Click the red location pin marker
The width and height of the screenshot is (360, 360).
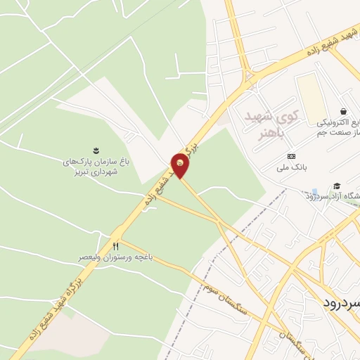[181, 165]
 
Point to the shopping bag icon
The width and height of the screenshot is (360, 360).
[342, 111]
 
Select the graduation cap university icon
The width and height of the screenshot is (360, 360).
[337, 186]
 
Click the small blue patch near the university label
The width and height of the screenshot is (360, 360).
[314, 191]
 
